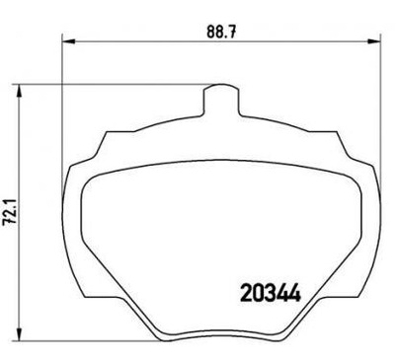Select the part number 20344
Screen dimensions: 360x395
271,293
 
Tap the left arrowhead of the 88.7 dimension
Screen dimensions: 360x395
66,40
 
